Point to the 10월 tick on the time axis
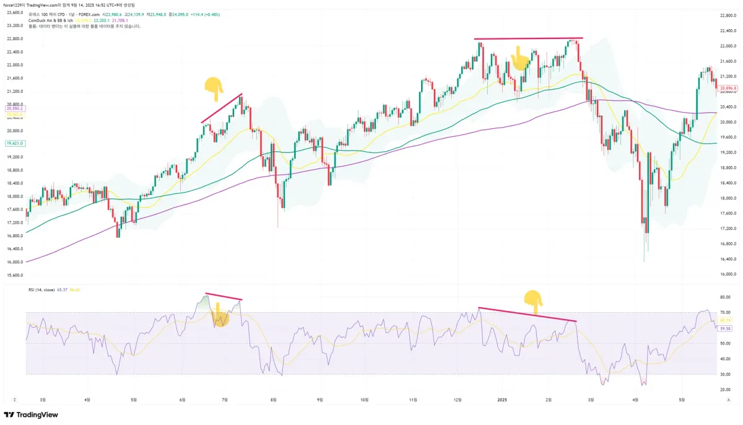[365, 400]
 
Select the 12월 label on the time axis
[457, 400]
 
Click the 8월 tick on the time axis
[273, 400]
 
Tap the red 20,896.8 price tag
[727, 89]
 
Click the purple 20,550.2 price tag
[15, 108]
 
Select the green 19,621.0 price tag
[15, 143]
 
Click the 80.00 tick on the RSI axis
[725, 297]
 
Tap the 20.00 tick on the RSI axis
[725, 390]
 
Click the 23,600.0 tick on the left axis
[15, 12]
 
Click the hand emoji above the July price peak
[214, 88]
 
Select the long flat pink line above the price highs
[529, 39]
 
